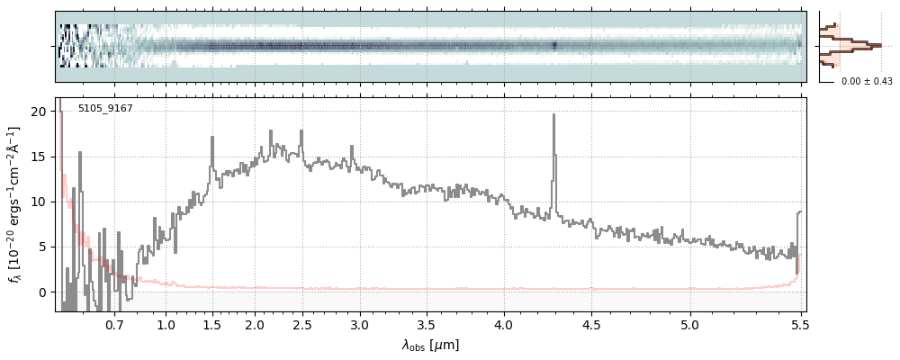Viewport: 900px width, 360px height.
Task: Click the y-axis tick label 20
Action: pyautogui.click(x=38, y=112)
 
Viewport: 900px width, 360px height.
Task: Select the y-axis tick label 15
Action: pyautogui.click(x=38, y=157)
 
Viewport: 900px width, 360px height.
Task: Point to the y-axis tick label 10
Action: pyautogui.click(x=38, y=202)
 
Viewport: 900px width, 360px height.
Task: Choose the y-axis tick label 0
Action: pyautogui.click(x=41, y=292)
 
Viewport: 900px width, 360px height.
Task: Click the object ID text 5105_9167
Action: pyautogui.click(x=105, y=109)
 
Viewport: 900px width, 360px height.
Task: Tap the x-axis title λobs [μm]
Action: pyautogui.click(x=430, y=345)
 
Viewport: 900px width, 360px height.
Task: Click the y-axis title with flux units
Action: pyautogui.click(x=14, y=205)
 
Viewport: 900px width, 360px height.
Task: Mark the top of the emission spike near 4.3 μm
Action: pyautogui.click(x=553, y=114)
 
